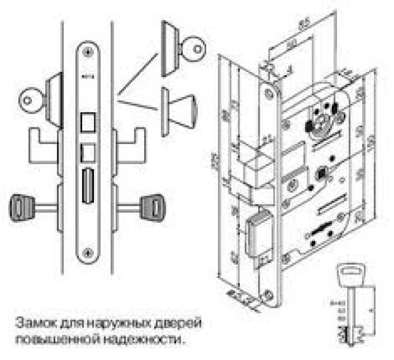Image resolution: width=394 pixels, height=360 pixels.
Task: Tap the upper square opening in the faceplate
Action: tap(88, 122)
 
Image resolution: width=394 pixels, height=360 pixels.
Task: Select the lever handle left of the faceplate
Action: tap(44, 138)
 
